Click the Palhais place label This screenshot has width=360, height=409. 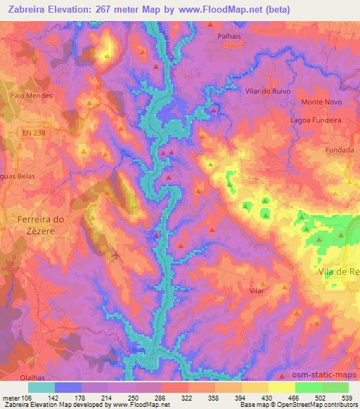[x=229, y=34]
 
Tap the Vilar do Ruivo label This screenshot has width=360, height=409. [x=266, y=91]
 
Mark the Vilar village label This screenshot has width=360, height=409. [x=257, y=290]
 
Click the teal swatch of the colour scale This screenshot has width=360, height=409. [x=41, y=387]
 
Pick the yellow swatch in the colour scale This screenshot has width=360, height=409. [x=282, y=387]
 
